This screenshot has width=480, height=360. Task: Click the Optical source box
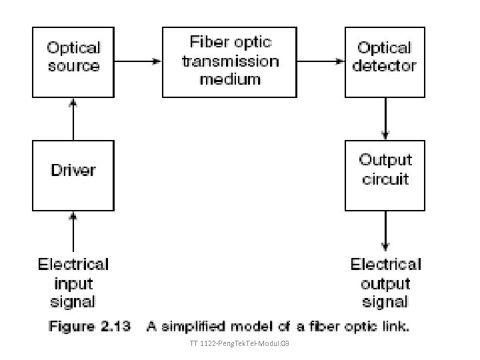coord(73,61)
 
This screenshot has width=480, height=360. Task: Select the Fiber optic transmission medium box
coord(230,61)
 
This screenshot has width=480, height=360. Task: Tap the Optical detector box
coord(385,61)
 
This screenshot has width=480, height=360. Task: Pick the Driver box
coord(73,174)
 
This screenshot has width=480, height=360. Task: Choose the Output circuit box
coord(385,174)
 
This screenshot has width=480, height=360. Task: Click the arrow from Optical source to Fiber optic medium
coord(138,61)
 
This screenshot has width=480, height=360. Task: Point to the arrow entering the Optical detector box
coord(321,61)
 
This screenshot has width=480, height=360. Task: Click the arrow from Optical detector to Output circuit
coord(385,119)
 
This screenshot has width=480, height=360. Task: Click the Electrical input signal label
coord(73,283)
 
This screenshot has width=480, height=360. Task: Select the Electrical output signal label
coord(385,283)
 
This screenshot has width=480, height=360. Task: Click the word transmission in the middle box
coord(230,61)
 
